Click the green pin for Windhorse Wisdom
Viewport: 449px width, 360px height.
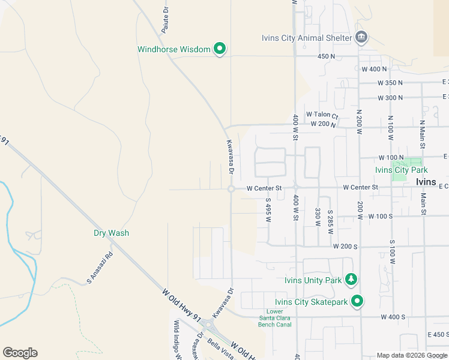(220, 49)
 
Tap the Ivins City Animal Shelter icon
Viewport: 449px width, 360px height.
(361, 37)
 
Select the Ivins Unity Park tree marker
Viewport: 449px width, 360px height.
(352, 280)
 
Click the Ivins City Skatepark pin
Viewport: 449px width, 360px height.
(357, 301)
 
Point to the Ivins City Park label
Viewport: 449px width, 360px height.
(400, 170)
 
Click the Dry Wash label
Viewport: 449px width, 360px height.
(111, 233)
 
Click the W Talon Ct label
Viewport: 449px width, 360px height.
(322, 114)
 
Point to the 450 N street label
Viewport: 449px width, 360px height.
(326, 56)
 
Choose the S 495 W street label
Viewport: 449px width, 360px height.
(268, 210)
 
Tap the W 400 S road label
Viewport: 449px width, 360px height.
(393, 316)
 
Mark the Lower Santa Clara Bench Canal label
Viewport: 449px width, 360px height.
(276, 318)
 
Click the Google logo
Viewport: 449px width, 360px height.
(20, 353)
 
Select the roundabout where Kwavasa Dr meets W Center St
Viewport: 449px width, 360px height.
(231, 189)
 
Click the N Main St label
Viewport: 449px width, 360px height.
(423, 137)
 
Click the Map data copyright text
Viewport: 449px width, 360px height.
(412, 355)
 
